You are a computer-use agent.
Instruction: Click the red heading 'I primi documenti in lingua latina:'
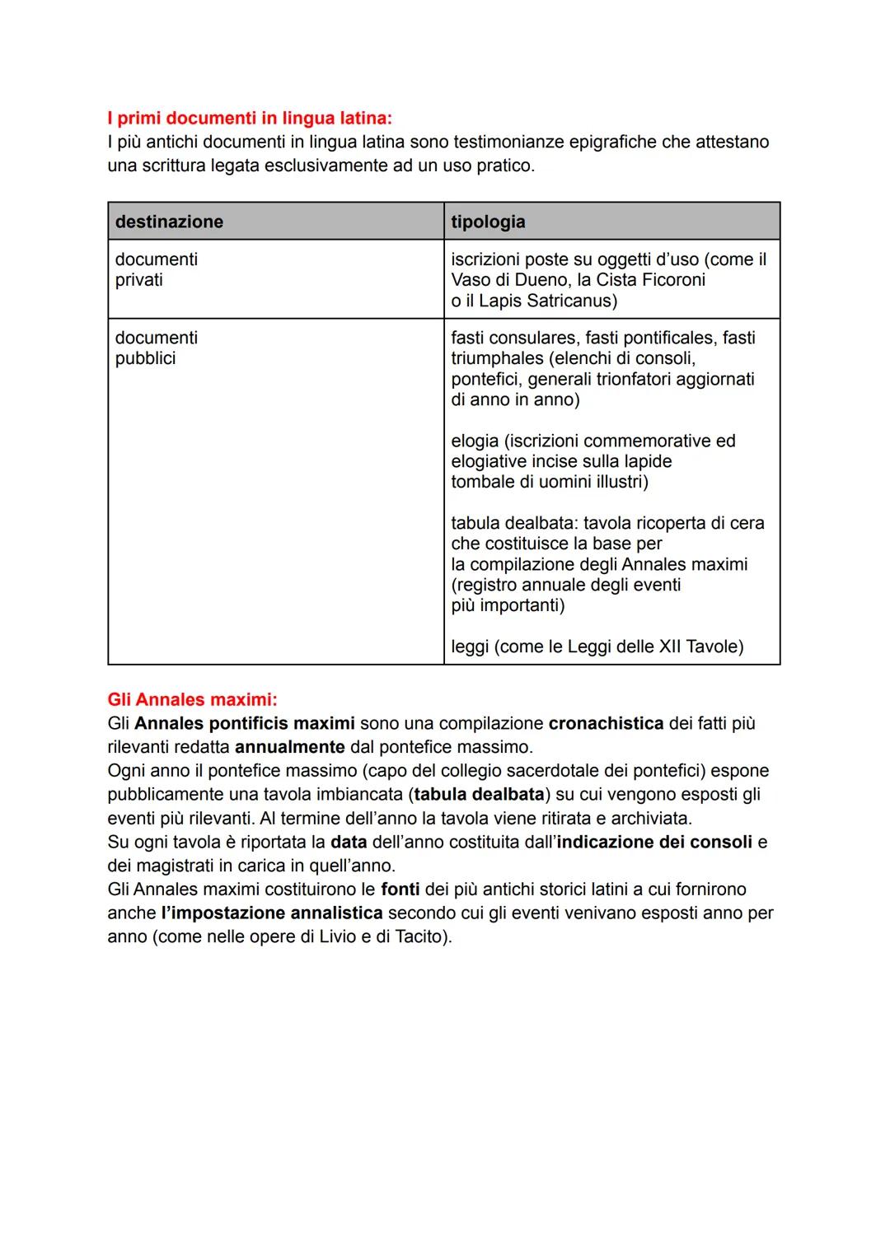[x=250, y=119]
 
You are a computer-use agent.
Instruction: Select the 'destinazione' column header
[x=169, y=222]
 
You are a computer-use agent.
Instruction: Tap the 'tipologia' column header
[x=488, y=222]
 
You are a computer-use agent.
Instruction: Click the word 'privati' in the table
[x=138, y=280]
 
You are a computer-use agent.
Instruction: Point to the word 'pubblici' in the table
[x=145, y=358]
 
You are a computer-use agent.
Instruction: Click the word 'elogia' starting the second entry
[x=475, y=441]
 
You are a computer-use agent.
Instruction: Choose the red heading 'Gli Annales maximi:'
[x=192, y=700]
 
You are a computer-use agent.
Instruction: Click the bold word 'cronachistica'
[x=606, y=723]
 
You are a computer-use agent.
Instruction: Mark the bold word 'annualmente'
[x=289, y=747]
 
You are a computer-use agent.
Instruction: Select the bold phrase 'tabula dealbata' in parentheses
[x=479, y=795]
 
